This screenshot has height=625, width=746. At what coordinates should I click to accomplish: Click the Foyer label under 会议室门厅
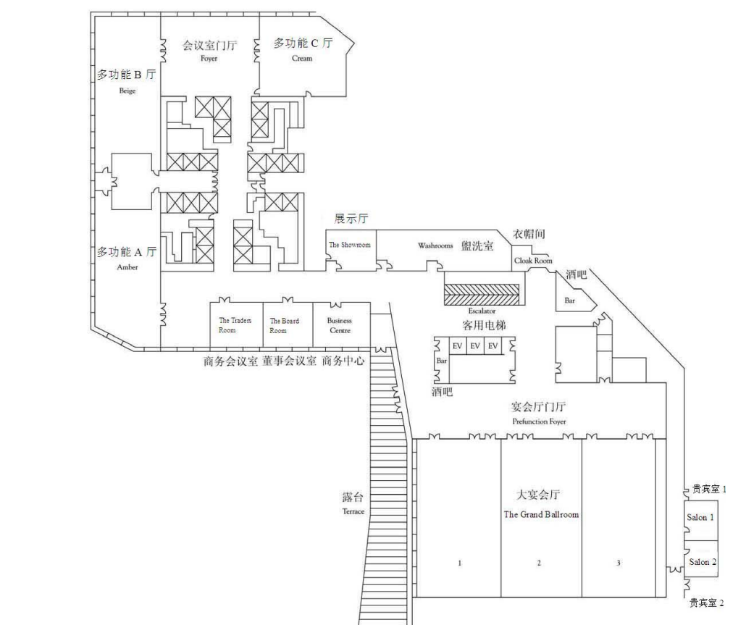(209, 59)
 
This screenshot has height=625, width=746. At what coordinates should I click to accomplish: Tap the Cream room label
(302, 59)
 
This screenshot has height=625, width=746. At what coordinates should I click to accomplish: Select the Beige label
(127, 91)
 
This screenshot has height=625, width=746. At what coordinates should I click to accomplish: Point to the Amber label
(127, 267)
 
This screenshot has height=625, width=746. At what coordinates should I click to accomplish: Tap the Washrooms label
(435, 246)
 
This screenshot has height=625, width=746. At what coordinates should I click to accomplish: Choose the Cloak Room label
(533, 261)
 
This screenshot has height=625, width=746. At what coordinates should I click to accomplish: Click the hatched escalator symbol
(482, 295)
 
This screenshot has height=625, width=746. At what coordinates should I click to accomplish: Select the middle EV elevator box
(475, 345)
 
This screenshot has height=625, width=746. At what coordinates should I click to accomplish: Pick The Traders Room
(236, 325)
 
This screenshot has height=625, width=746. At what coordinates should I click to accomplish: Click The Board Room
(288, 325)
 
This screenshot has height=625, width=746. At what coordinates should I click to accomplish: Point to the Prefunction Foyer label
(539, 421)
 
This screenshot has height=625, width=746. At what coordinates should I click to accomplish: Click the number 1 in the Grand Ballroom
(460, 563)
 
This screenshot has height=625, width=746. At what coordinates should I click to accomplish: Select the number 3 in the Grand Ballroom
(619, 563)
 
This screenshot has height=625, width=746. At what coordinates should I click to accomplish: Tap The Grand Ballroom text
(542, 515)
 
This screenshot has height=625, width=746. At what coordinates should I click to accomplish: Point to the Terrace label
(353, 512)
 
